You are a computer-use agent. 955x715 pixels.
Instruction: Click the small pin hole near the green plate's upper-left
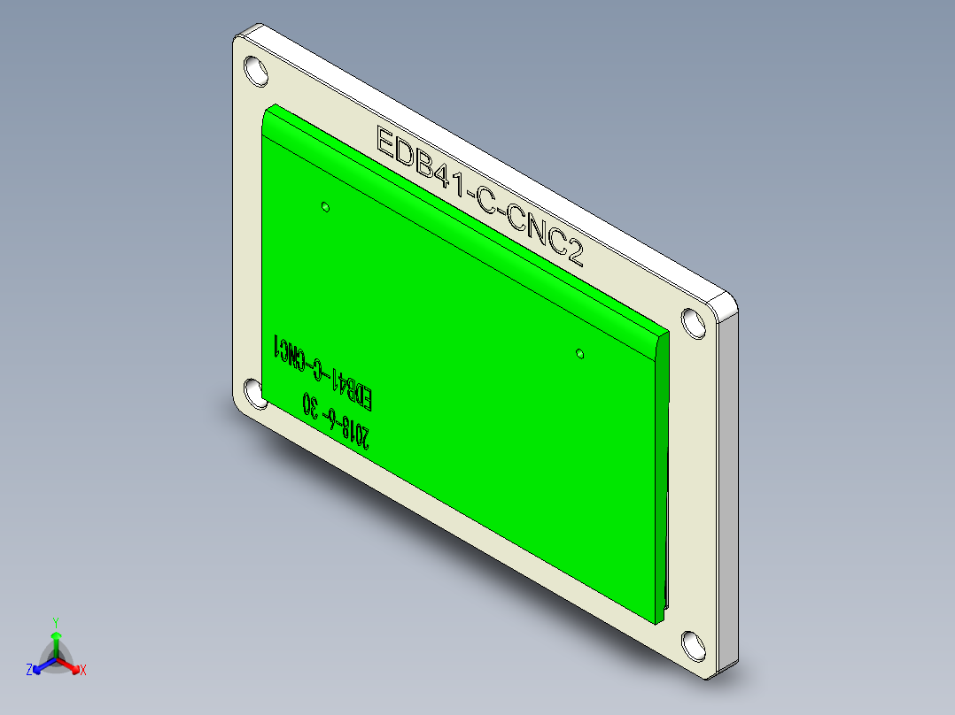pyautogui.click(x=325, y=207)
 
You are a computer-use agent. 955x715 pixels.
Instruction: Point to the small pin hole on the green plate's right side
pyautogui.click(x=579, y=354)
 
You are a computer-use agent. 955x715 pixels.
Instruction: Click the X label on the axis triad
pyautogui.click(x=82, y=670)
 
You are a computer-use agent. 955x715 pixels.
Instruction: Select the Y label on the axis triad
pyautogui.click(x=55, y=622)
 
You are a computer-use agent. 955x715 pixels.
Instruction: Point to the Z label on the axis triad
pyautogui.click(x=29, y=670)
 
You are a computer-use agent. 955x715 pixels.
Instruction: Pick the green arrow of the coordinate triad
pyautogui.click(x=55, y=641)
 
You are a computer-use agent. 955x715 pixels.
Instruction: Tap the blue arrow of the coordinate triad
pyautogui.click(x=41, y=666)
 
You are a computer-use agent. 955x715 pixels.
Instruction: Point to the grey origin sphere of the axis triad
pyautogui.click(x=55, y=659)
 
